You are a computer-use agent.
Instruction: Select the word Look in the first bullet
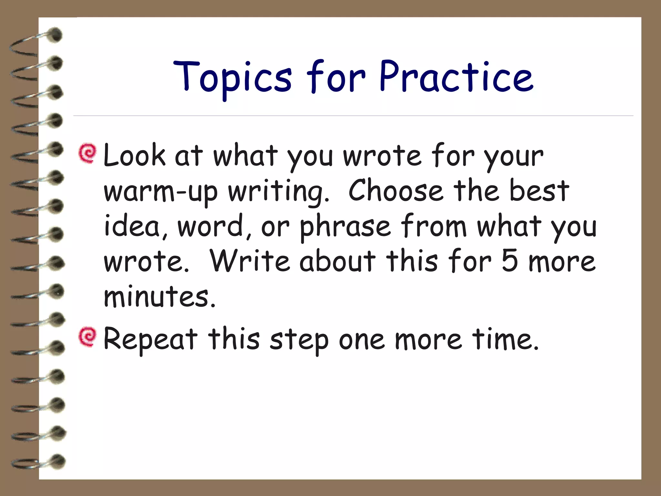(x=134, y=156)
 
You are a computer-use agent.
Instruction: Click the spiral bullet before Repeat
(x=87, y=337)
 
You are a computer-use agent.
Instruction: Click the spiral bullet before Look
(x=87, y=154)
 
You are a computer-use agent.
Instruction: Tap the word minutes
(x=159, y=296)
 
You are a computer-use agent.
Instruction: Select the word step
(x=299, y=340)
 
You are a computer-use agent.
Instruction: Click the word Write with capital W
(x=250, y=261)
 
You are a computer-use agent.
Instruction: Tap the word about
(x=338, y=261)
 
